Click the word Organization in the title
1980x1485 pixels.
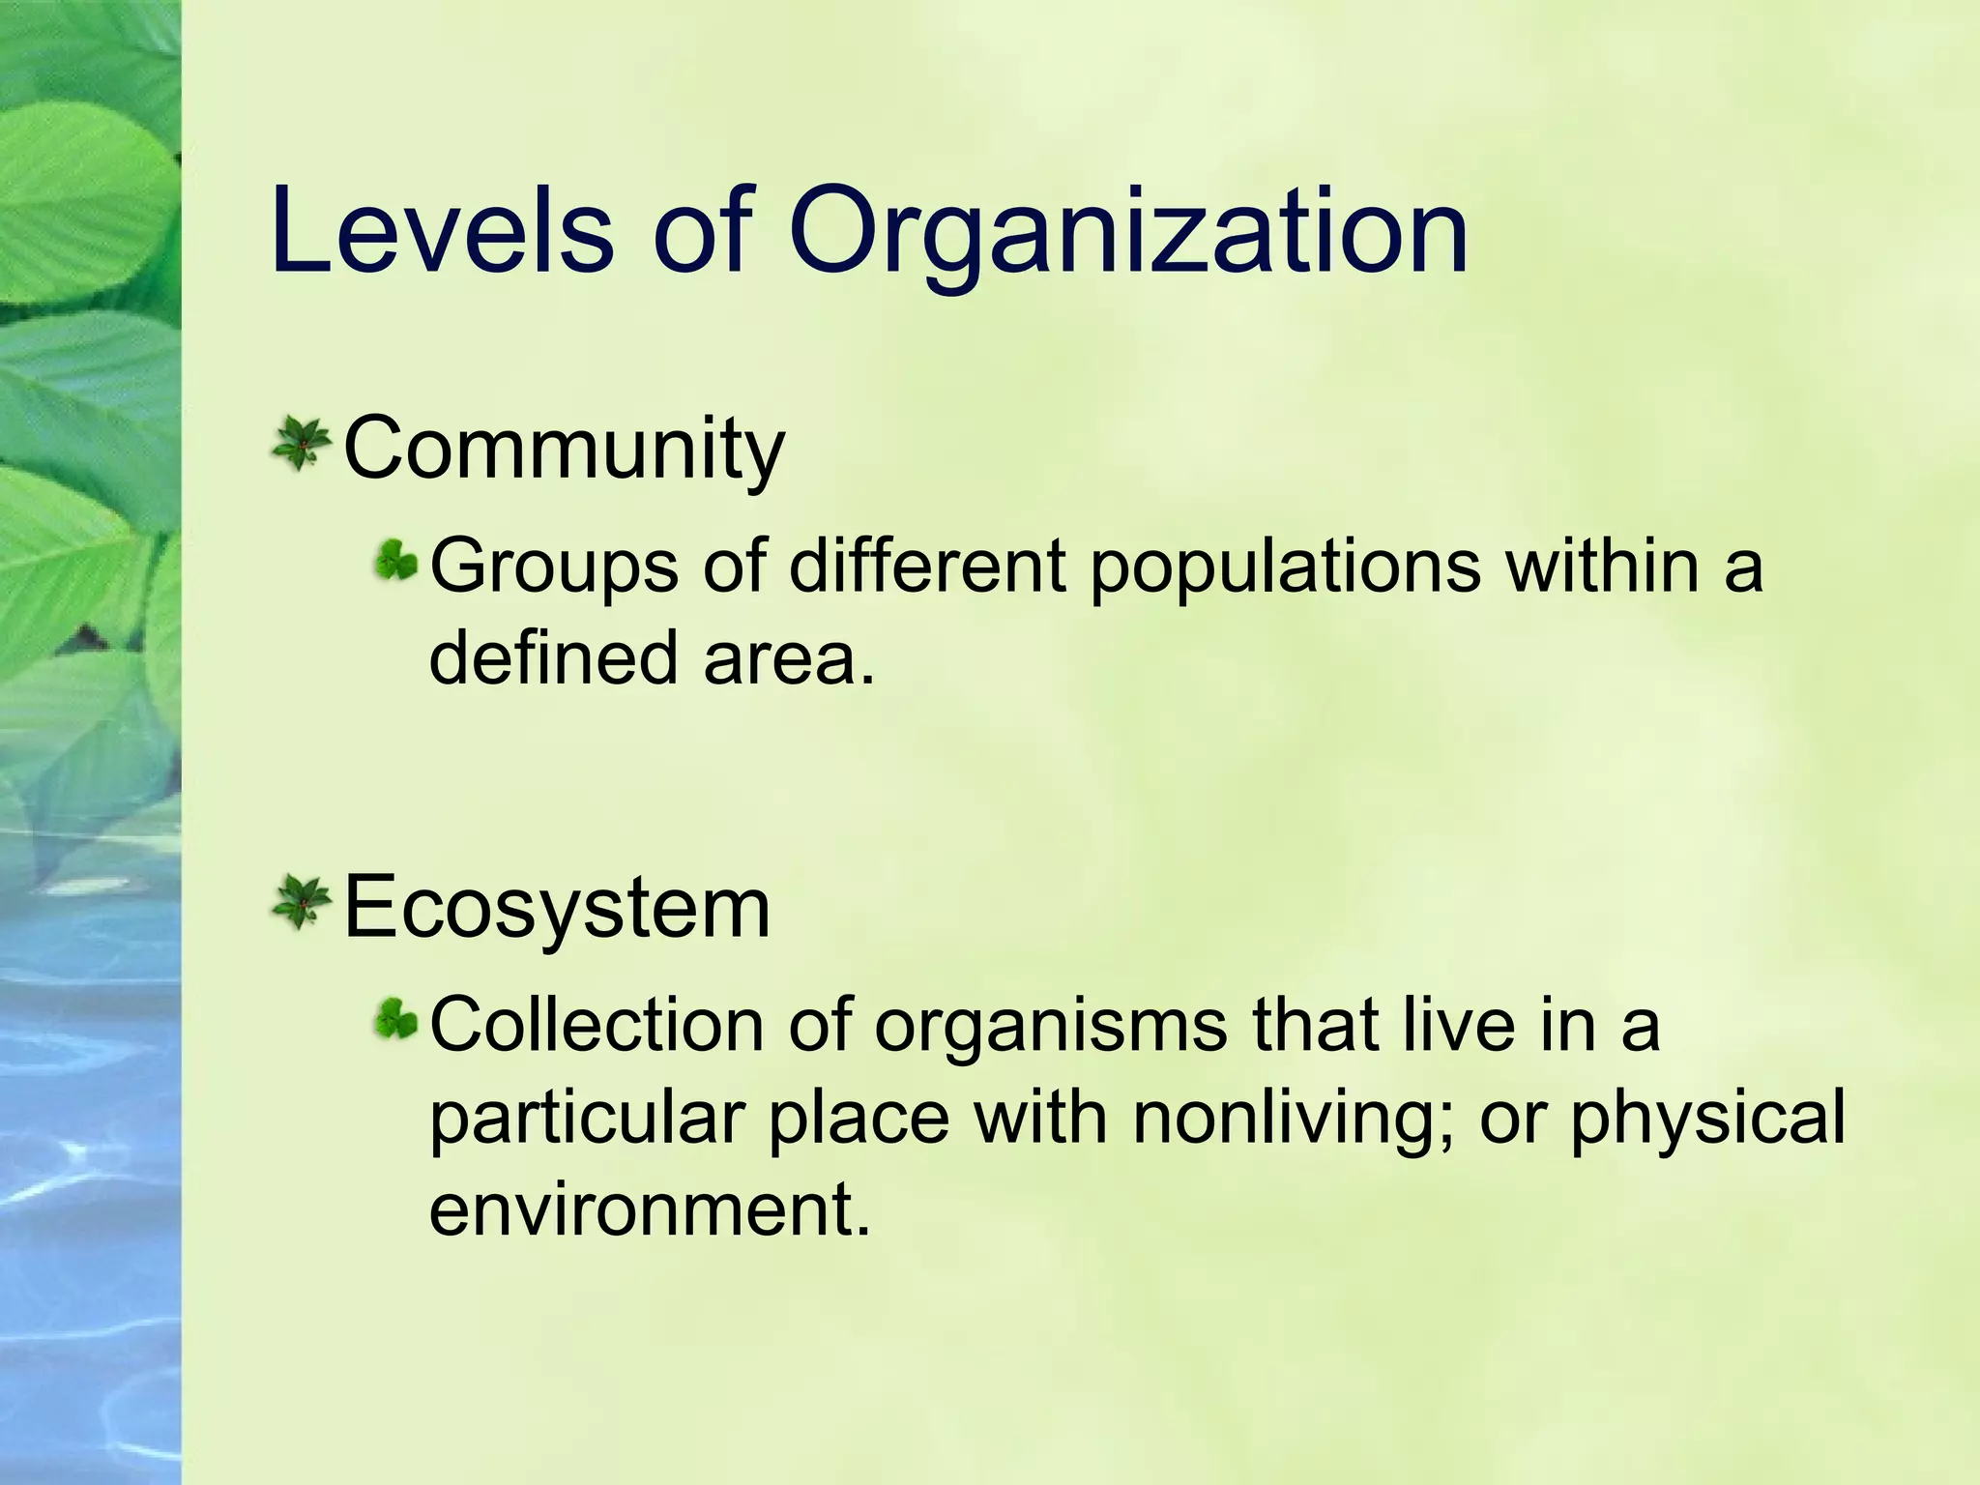click(x=1127, y=237)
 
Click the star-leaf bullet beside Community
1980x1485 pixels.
click(x=302, y=444)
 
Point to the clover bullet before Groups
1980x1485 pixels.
click(x=396, y=561)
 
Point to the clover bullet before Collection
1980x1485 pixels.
click(x=396, y=1019)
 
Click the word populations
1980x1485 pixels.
click(x=1286, y=568)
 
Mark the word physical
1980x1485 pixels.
click(x=1707, y=1120)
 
